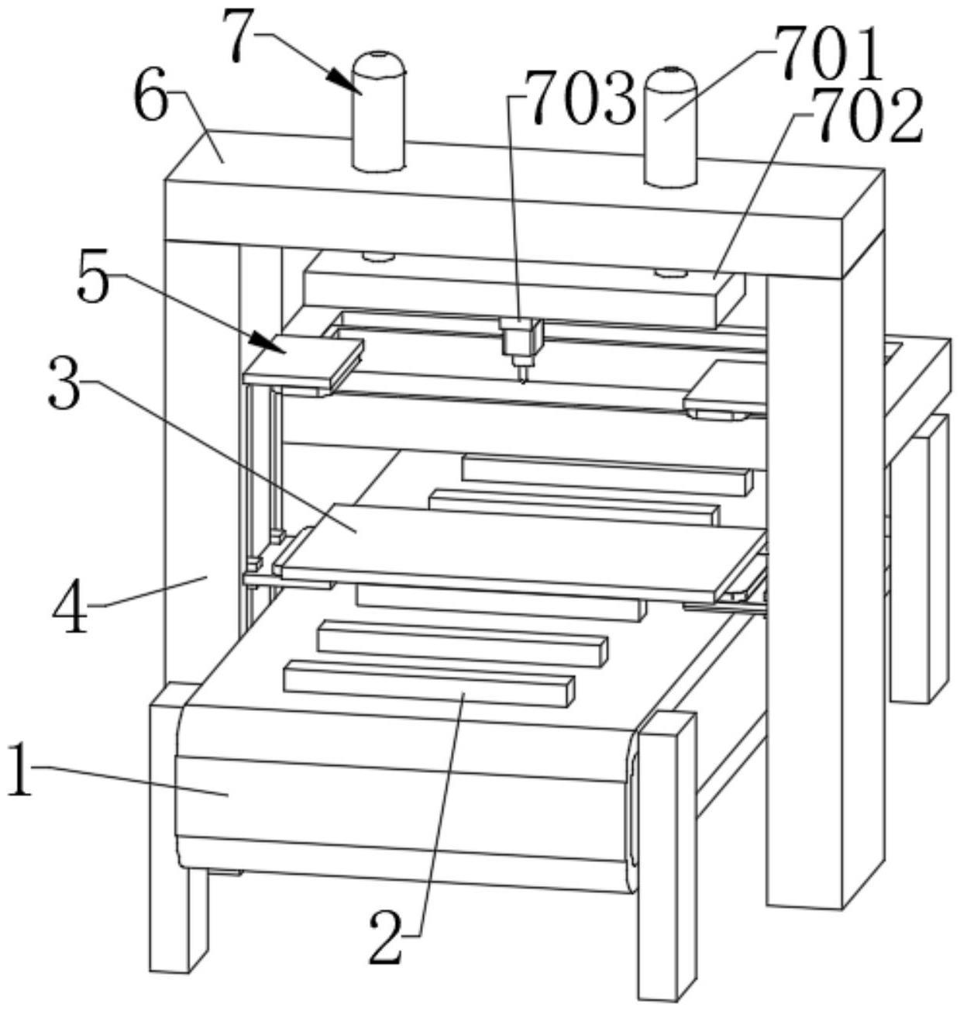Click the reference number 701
pos(831,56)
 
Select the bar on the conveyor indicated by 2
pos(430,678)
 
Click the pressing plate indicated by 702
pos(511,292)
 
